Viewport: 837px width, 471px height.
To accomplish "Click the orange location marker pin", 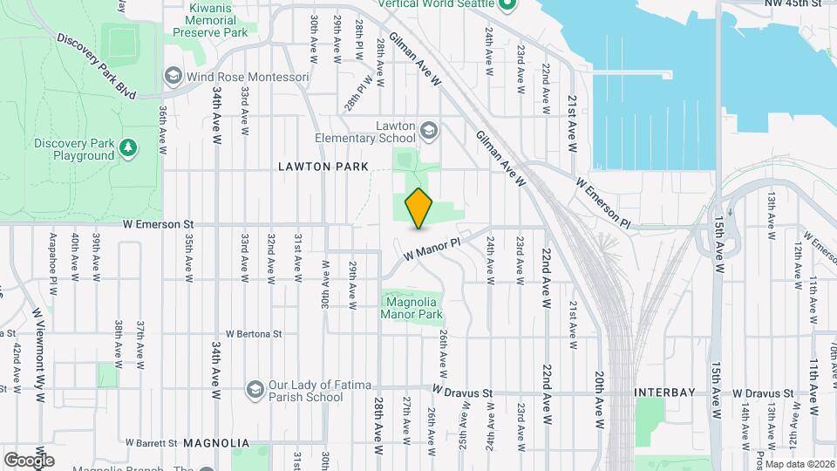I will point(419,208).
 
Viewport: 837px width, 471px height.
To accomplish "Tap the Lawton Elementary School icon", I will point(427,132).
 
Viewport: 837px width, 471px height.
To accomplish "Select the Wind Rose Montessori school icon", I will point(173,77).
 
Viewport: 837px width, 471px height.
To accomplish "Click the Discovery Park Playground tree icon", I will point(128,147).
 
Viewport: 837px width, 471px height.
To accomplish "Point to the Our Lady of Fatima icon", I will point(255,387).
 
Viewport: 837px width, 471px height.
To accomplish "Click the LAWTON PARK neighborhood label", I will point(324,166).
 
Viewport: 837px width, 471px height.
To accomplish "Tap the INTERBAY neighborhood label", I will point(665,392).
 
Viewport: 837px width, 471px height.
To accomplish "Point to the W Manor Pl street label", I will point(432,249).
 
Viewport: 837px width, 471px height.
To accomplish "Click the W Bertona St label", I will point(254,333).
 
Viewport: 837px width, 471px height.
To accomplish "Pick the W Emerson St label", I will point(158,224).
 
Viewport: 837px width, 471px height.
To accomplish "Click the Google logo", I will point(29,460).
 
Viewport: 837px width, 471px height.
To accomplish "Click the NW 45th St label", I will point(797,3).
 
